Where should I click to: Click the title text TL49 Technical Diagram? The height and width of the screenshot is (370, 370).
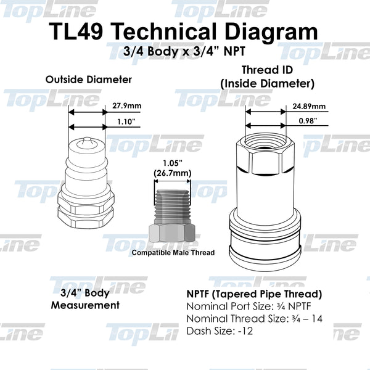tap(185, 32)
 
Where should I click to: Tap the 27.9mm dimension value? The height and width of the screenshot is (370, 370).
tap(127, 105)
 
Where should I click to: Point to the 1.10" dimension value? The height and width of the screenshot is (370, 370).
tap(126, 122)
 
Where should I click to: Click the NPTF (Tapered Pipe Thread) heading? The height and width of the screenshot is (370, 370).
tap(253, 294)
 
